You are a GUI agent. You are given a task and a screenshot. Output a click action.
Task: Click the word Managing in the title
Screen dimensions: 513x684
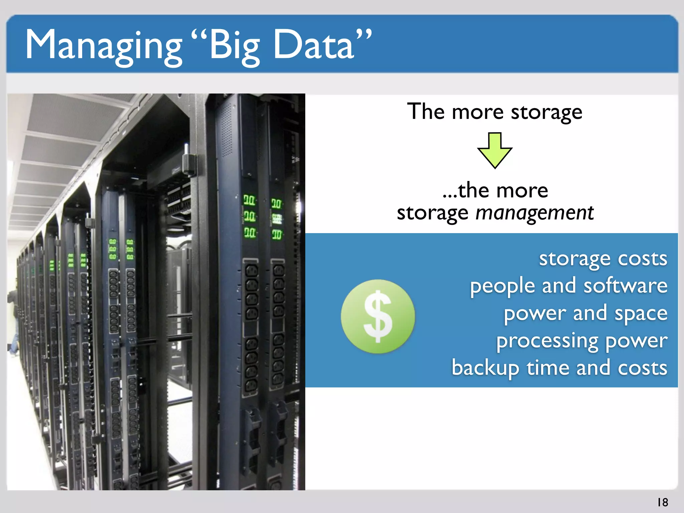coord(104,45)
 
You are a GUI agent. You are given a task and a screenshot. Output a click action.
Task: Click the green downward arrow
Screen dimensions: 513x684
coord(495,150)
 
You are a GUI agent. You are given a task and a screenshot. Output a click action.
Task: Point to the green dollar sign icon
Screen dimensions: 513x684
coord(378,316)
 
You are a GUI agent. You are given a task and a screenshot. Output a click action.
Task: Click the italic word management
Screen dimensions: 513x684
coord(534,212)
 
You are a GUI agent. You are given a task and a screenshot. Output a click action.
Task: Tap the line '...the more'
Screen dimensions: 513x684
coord(495,190)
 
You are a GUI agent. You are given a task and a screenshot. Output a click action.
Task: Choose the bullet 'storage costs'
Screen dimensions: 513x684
coord(603,259)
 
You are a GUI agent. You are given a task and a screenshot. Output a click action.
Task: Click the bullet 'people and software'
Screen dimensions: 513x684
coord(568,286)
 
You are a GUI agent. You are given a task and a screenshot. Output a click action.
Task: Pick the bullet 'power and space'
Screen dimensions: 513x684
coord(585,313)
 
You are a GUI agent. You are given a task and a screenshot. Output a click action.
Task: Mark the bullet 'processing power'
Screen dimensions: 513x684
coord(581,341)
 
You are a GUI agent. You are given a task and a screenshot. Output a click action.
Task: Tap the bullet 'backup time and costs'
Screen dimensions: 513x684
coord(559,368)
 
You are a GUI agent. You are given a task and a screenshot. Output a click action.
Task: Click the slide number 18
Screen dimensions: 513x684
coord(663,502)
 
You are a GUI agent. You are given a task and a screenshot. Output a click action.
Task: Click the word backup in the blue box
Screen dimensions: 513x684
coord(485,368)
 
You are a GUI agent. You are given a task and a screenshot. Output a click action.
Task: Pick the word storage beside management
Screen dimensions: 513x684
coord(433,212)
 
